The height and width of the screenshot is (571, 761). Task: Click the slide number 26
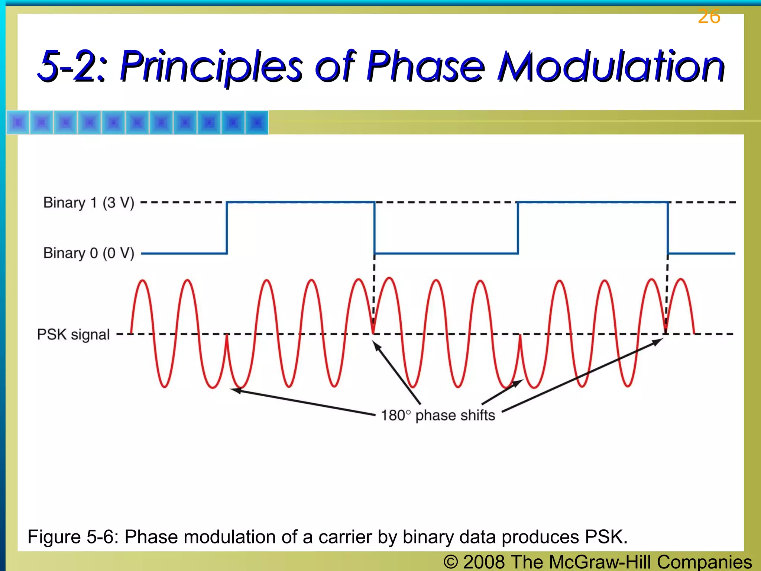(709, 17)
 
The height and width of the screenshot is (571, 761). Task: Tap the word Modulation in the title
(611, 67)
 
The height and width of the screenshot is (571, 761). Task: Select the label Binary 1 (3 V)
(88, 203)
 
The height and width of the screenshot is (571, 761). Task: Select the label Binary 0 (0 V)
(88, 253)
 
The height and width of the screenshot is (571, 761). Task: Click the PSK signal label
(73, 335)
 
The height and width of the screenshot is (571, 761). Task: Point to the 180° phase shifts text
(438, 415)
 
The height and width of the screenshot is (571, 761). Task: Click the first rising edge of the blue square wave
(227, 228)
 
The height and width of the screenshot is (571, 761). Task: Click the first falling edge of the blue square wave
(374, 228)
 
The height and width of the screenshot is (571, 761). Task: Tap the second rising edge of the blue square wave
(518, 228)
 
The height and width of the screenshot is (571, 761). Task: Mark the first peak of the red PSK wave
(142, 281)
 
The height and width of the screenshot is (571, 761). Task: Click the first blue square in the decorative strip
(18, 122)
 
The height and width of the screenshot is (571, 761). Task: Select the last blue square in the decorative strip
(256, 122)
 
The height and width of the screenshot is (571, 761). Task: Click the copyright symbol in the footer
(450, 562)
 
